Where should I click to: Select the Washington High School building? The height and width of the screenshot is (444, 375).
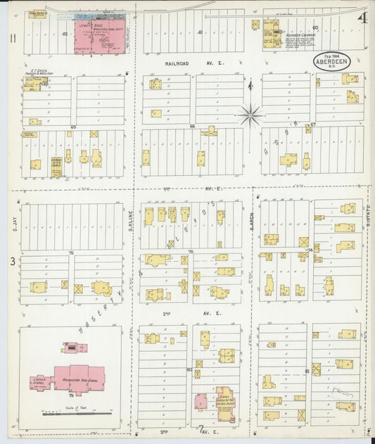click(77, 379)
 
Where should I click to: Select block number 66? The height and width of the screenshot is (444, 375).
click(192, 127)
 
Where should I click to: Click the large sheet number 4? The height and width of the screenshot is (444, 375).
click(361, 18)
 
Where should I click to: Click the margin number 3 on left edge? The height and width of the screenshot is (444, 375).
click(11, 262)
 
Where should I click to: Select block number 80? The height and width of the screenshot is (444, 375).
click(189, 369)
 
